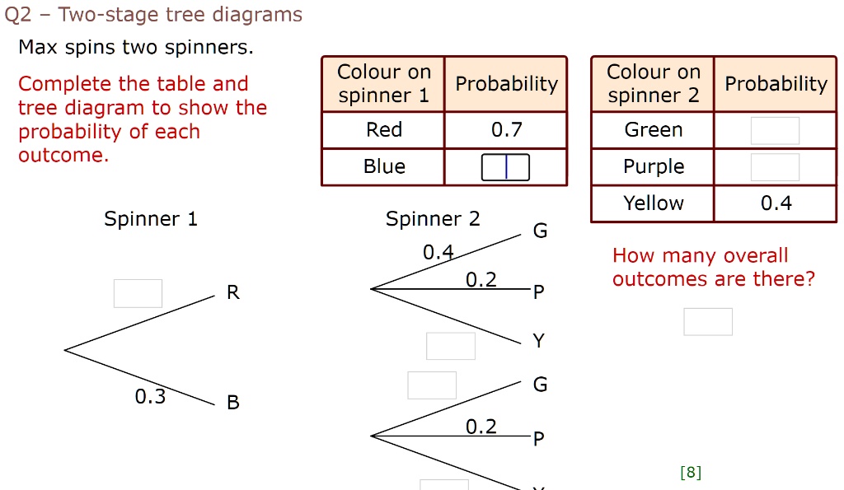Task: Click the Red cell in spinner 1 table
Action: pyautogui.click(x=384, y=130)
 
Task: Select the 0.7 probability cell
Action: pyautogui.click(x=506, y=130)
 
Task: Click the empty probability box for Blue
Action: pyautogui.click(x=505, y=167)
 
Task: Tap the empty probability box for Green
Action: pyautogui.click(x=775, y=131)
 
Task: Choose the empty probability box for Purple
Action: pyautogui.click(x=775, y=167)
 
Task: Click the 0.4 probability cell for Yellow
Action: pyautogui.click(x=776, y=203)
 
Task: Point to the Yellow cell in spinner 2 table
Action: pyautogui.click(x=653, y=203)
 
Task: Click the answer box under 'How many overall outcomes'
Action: pyautogui.click(x=707, y=321)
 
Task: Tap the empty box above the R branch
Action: pyautogui.click(x=138, y=293)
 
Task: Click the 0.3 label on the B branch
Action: pyautogui.click(x=150, y=397)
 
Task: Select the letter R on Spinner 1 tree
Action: pyautogui.click(x=233, y=293)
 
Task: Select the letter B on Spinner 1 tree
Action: pyautogui.click(x=233, y=403)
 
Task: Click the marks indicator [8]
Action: pyautogui.click(x=691, y=472)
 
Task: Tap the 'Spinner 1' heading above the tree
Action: pyautogui.click(x=151, y=219)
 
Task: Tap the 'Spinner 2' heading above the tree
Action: pyautogui.click(x=433, y=219)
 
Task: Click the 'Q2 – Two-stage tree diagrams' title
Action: pyautogui.click(x=154, y=15)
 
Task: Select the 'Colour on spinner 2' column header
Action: pyautogui.click(x=653, y=84)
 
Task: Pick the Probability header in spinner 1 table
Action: pyautogui.click(x=506, y=84)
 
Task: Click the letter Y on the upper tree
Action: pyautogui.click(x=538, y=341)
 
